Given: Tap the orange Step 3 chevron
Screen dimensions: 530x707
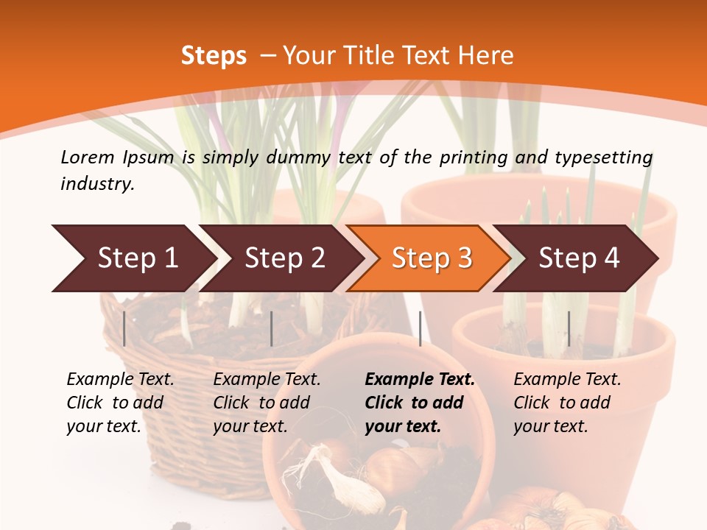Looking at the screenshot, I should click(431, 258).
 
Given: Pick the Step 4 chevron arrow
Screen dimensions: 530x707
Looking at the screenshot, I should click(578, 258).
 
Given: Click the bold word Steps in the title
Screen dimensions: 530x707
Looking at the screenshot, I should click(214, 56).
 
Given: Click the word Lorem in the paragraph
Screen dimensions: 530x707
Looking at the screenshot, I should click(87, 157).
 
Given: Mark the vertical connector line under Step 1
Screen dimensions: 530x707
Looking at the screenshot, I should click(124, 328).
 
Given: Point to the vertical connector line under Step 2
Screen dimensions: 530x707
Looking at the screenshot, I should click(272, 328).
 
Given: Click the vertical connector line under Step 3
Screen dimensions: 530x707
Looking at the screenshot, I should click(420, 328).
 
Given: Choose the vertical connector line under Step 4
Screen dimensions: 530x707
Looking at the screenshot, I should click(569, 328).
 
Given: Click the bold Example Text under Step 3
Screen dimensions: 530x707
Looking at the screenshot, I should click(420, 380).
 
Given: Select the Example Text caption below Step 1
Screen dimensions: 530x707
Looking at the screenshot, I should click(120, 380).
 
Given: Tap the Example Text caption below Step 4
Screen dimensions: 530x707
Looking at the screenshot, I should click(567, 380).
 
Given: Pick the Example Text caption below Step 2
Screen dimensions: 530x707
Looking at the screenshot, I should click(267, 380).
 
